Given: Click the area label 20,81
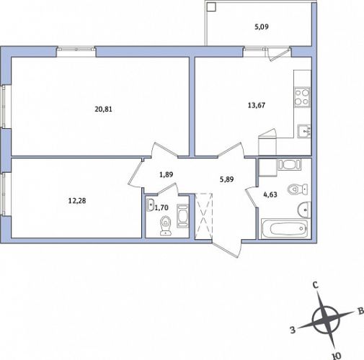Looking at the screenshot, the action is pos(104,109).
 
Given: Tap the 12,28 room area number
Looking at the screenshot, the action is pos(77,201).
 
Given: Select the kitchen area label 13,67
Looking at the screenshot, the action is pos(257,105).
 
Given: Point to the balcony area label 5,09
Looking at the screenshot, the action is pos(262,27).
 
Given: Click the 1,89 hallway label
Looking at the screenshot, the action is pos(167,174).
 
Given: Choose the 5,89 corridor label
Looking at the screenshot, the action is pos(227,179).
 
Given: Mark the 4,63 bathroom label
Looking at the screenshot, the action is pos(270,194).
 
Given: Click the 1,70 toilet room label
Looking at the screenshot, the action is pos(161,207).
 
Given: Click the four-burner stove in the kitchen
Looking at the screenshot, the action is pos(302,97).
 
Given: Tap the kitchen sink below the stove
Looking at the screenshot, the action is pos(304,131).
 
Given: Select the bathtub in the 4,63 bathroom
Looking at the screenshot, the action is pos(285,228).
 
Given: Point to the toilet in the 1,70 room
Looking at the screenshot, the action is pos(166,225).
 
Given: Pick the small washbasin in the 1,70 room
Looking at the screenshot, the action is pos(150,205).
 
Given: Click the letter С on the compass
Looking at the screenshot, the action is pos(316,285).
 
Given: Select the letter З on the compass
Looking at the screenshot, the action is pos(293,330).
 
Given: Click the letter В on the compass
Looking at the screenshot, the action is pos(360,311).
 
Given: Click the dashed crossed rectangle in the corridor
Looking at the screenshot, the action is pos(204,216).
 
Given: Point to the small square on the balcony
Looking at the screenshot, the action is pos(211,6).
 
